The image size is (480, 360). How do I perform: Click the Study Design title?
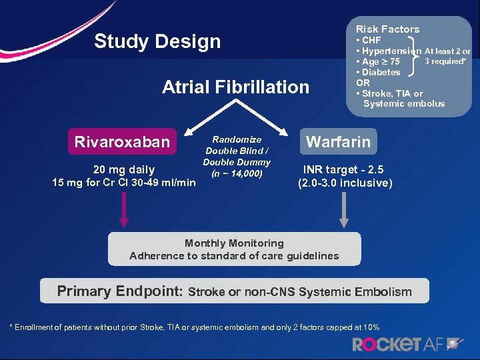[x=157, y=41]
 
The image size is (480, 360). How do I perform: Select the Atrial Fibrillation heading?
[x=236, y=87]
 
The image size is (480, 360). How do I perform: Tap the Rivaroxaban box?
[x=122, y=141]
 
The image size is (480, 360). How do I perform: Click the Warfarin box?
[x=338, y=141]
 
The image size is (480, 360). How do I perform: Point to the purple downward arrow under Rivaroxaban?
[x=122, y=212]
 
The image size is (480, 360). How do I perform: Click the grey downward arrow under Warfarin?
[x=344, y=212]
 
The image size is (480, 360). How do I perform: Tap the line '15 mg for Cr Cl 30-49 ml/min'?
[x=124, y=183]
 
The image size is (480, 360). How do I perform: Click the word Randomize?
[x=237, y=139]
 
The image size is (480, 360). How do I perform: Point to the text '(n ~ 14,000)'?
[x=237, y=174]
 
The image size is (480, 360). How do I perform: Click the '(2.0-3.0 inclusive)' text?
[x=345, y=183]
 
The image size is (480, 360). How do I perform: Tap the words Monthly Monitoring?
[x=234, y=243]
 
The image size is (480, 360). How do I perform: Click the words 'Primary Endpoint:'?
[x=119, y=291]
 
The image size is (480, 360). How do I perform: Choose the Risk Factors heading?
[x=387, y=29]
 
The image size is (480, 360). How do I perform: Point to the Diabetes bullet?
[x=381, y=72]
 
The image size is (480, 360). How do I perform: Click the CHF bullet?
[x=371, y=41]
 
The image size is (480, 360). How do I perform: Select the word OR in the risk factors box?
[x=363, y=83]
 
